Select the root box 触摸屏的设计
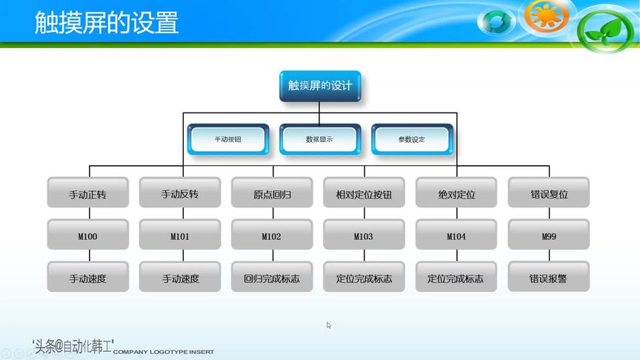point(320,86)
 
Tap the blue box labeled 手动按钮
point(227,139)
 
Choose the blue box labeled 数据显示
point(319,139)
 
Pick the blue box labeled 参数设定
point(411,139)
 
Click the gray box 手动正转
point(88,195)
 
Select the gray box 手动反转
point(180,195)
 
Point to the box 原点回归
point(272,195)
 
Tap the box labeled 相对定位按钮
point(364,195)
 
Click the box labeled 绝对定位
point(456,195)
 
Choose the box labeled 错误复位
point(548,195)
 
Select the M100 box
point(88,237)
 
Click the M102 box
point(272,237)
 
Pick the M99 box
point(548,237)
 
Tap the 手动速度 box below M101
point(180,279)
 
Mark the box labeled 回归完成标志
point(272,279)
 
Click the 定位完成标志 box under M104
point(456,279)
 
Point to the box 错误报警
point(548,279)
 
